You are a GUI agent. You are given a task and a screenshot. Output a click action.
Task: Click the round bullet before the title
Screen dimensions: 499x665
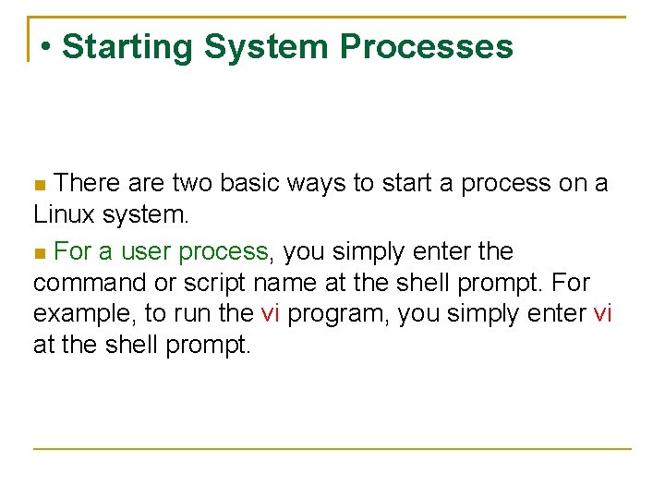[46, 47]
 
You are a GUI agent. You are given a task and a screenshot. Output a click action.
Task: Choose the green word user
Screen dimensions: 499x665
[147, 251]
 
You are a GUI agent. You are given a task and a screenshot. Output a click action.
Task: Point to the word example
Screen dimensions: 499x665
[84, 314]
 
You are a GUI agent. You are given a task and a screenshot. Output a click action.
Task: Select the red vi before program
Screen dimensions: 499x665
[270, 313]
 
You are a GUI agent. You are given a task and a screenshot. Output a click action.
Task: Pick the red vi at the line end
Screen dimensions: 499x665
[602, 313]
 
